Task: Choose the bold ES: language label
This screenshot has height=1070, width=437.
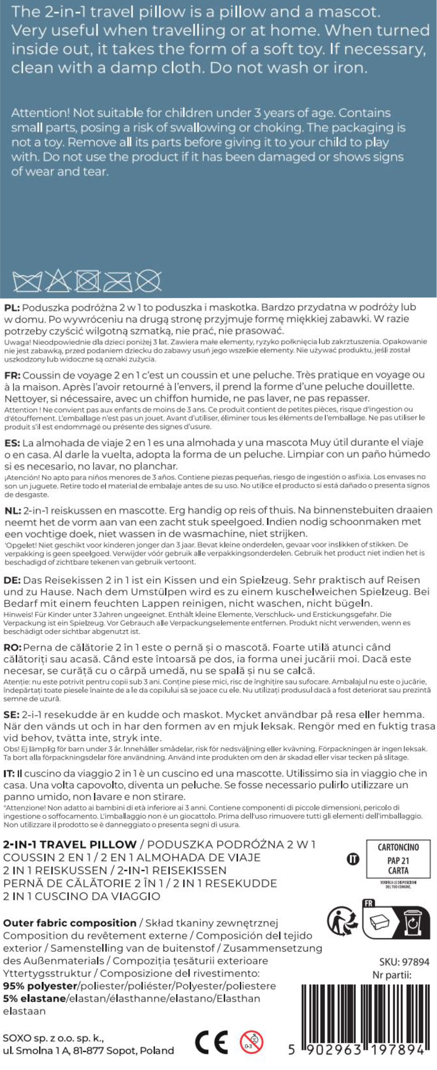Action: [x=12, y=443]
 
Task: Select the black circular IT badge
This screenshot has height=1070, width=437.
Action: [x=353, y=859]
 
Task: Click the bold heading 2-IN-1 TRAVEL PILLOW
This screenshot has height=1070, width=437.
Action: [x=70, y=844]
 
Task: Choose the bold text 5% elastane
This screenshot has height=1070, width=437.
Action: [x=34, y=998]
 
